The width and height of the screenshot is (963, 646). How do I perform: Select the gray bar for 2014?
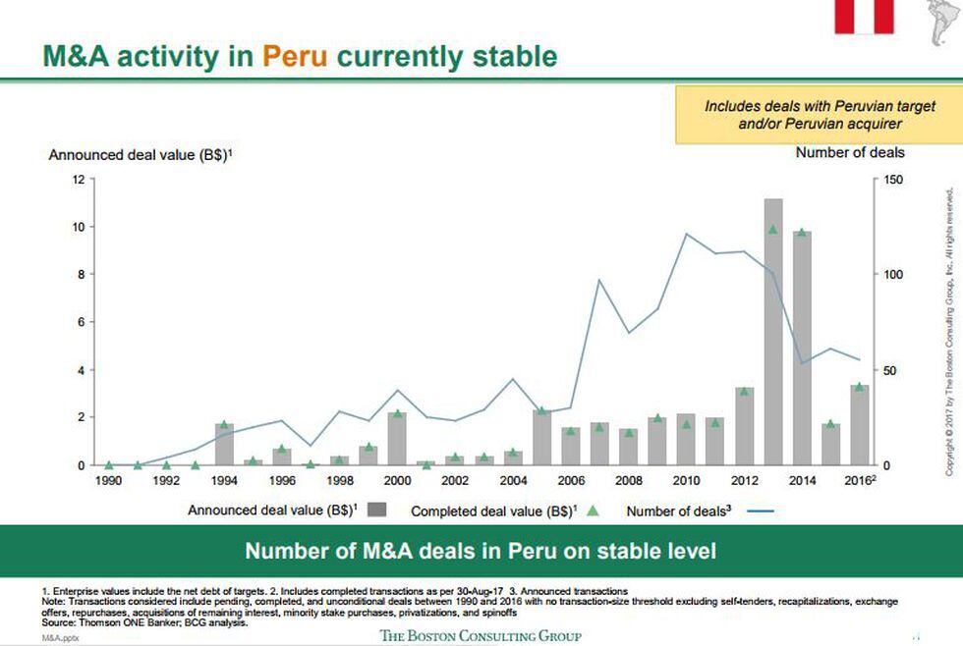801,348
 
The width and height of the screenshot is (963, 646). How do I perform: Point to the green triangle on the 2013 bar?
772,230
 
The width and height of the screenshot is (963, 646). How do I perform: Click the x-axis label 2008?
629,480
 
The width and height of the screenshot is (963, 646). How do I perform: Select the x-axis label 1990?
108,480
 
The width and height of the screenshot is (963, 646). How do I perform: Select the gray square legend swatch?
377,510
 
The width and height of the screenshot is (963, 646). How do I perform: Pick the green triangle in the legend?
593,510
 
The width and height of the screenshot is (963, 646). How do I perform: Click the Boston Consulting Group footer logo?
481,635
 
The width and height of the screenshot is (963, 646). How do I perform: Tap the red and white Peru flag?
864,15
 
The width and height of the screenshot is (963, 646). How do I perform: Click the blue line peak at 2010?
686,234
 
